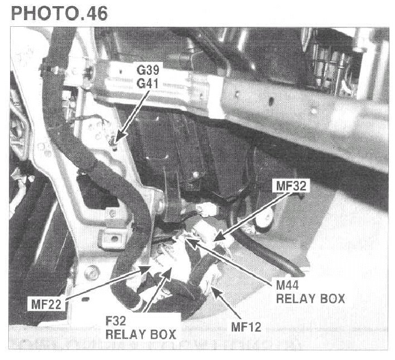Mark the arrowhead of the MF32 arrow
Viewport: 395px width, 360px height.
(217, 240)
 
